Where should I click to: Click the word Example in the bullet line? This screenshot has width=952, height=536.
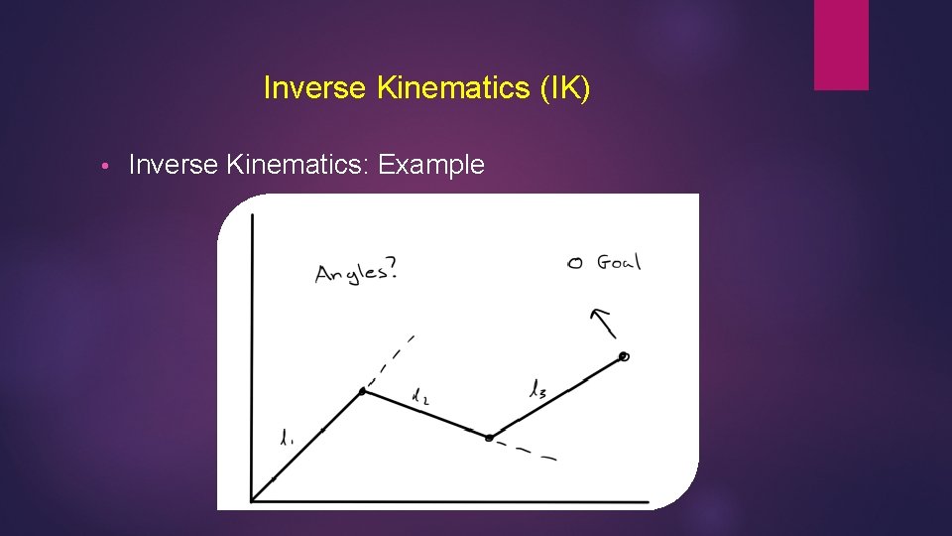[x=431, y=165]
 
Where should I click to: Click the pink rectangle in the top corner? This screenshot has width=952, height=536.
[x=841, y=45]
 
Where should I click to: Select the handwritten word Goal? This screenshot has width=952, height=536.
[x=619, y=262]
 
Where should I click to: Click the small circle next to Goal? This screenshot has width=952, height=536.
[x=573, y=263]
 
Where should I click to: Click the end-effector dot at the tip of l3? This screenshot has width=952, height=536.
[x=624, y=356]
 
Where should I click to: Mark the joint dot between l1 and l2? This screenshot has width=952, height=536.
[x=363, y=391]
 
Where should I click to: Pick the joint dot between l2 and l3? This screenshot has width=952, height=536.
[x=488, y=437]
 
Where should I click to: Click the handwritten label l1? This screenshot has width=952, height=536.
[x=287, y=437]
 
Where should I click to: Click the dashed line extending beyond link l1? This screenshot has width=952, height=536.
[x=392, y=359]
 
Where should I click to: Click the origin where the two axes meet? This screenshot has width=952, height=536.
[x=252, y=500]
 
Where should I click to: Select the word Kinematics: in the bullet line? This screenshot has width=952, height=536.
[x=298, y=165]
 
